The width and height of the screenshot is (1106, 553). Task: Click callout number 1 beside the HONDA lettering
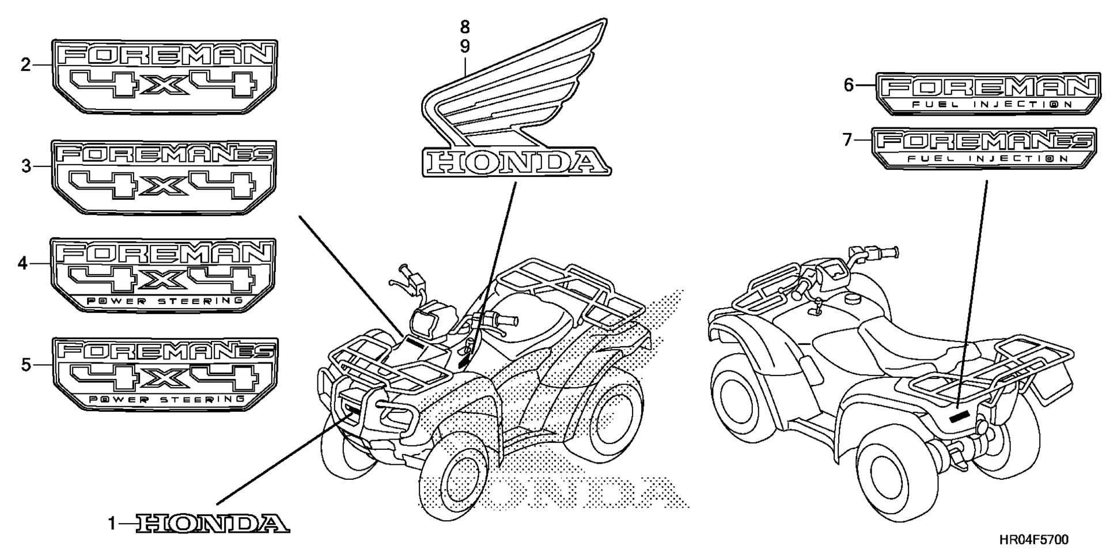click(113, 524)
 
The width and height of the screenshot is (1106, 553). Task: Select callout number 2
click(25, 65)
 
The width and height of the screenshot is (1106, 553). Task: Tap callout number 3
click(26, 166)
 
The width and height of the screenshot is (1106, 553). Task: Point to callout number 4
click(22, 264)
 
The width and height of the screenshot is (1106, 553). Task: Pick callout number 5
click(25, 365)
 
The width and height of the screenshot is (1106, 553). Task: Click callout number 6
click(849, 85)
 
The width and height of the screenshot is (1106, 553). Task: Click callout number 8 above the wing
click(465, 26)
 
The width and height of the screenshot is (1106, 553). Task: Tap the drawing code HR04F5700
click(1034, 540)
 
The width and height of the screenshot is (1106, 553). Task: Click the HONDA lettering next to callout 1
click(213, 524)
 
